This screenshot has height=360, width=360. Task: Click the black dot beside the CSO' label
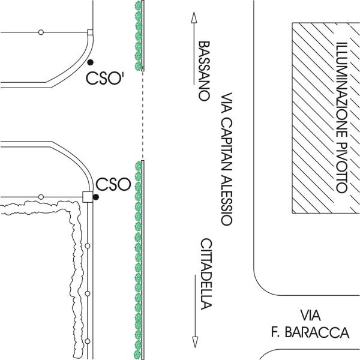pyautogui.click(x=89, y=62)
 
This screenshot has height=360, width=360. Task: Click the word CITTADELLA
pyautogui.click(x=206, y=274)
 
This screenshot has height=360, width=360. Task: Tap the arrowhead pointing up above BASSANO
pyautogui.click(x=194, y=17)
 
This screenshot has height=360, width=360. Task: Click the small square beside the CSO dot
pyautogui.click(x=87, y=196)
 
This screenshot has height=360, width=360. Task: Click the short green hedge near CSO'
pyautogui.click(x=139, y=36)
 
